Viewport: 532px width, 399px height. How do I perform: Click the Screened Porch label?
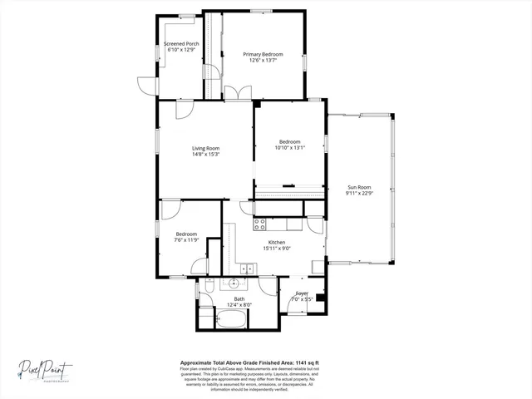pyautogui.click(x=180, y=43)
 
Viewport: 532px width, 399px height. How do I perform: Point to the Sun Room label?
pyautogui.click(x=359, y=187)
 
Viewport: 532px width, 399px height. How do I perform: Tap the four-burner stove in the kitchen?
pyautogui.click(x=259, y=223)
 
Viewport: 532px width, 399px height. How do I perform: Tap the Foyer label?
pyautogui.click(x=303, y=293)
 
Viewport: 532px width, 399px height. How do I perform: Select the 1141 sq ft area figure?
pyautogui.click(x=306, y=363)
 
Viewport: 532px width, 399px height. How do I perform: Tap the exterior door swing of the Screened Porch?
pyautogui.click(x=146, y=84)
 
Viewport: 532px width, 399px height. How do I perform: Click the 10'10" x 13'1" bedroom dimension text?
pyautogui.click(x=290, y=148)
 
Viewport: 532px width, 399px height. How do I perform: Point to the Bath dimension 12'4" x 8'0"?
pyautogui.click(x=239, y=305)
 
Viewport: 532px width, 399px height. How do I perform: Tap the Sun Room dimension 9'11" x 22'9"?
pyautogui.click(x=359, y=193)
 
